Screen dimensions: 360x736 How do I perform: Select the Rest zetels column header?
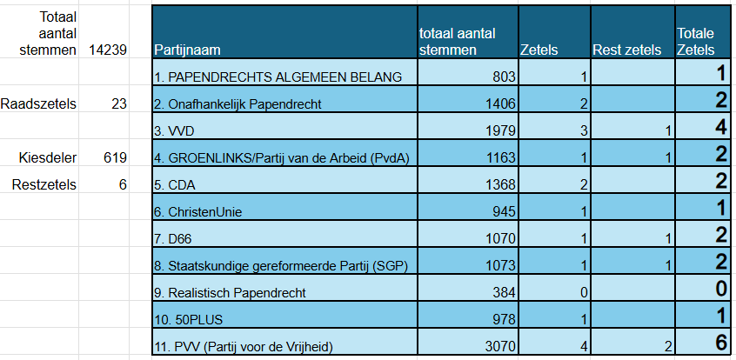coord(624,50)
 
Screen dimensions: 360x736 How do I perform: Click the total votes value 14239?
coord(108,50)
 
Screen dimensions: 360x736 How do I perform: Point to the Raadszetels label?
coord(38,103)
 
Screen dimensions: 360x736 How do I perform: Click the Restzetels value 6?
coord(123,184)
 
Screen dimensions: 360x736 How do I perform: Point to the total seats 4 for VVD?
coord(720,129)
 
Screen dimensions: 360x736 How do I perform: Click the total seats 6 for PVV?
coord(720,344)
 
